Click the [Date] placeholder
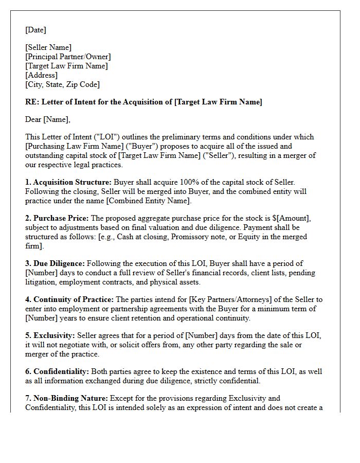pyautogui.click(x=35, y=30)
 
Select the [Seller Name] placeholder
pyautogui.click(x=48, y=48)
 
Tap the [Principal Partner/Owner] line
pyautogui.click(x=68, y=57)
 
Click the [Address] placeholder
pyautogui.click(x=42, y=75)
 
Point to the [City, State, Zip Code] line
pyautogui.click(x=62, y=84)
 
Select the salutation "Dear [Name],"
pyautogui.click(x=48, y=119)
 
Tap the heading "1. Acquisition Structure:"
pyautogui.click(x=68, y=182)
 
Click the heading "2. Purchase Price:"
pyautogui.click(x=57, y=218)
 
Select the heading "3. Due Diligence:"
pyautogui.click(x=55, y=263)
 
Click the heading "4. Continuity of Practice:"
pyautogui.click(x=69, y=299)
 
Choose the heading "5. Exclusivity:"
pyautogui.click(x=50, y=335)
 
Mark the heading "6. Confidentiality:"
pyautogui.click(x=58, y=371)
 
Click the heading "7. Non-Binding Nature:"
pyautogui.click(x=66, y=398)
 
